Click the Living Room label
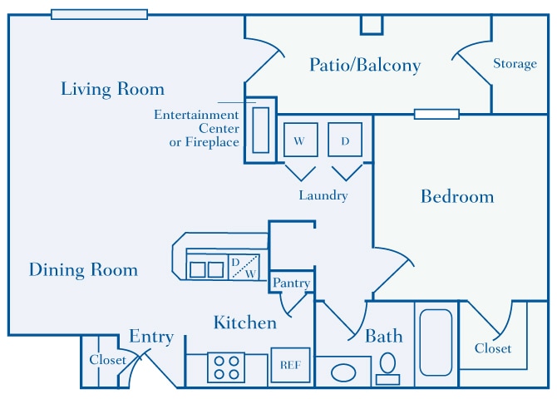click(x=112, y=89)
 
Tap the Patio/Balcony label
click(x=365, y=65)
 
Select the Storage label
click(x=515, y=64)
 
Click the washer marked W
click(x=298, y=140)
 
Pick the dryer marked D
click(x=344, y=140)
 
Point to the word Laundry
click(x=323, y=196)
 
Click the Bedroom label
click(x=456, y=197)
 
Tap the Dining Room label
click(x=83, y=270)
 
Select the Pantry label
click(x=292, y=283)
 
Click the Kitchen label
click(x=244, y=323)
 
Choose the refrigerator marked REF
click(x=289, y=364)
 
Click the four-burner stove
click(x=225, y=367)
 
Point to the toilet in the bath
click(x=387, y=367)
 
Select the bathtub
click(x=435, y=342)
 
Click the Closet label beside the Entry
click(x=107, y=360)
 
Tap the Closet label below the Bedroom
click(x=493, y=348)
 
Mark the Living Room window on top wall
click(x=99, y=14)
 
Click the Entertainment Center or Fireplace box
click(x=260, y=130)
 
